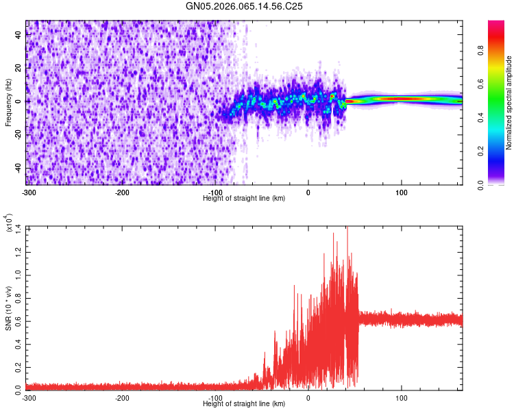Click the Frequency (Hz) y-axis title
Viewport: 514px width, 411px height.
click(8, 102)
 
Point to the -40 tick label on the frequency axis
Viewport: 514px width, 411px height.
click(18, 169)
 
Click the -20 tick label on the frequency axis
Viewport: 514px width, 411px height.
click(18, 135)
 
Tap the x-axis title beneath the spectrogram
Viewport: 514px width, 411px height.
click(245, 198)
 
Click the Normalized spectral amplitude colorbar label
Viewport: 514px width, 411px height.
click(509, 103)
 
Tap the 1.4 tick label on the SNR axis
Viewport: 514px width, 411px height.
click(19, 227)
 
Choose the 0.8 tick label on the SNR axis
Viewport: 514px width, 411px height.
click(19, 297)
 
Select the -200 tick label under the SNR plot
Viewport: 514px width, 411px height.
click(121, 398)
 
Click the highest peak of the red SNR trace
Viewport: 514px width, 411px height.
click(347, 227)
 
